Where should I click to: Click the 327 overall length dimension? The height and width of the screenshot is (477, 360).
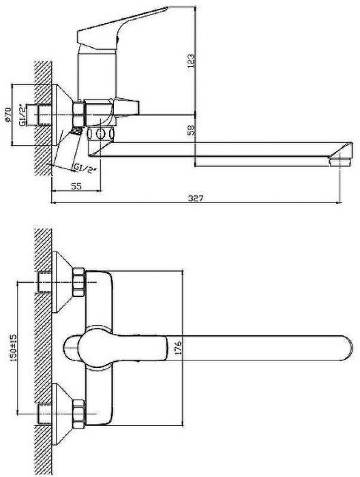tap(196, 198)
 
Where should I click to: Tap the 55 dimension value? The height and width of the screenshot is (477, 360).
tap(76, 186)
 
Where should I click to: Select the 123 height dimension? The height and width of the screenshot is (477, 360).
tap(190, 61)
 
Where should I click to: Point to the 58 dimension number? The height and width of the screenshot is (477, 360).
tap(191, 129)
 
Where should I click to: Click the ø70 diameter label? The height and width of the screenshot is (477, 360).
tap(8, 114)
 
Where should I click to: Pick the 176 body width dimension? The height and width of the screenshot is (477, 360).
tap(179, 348)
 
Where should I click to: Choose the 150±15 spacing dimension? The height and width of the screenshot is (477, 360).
tap(13, 348)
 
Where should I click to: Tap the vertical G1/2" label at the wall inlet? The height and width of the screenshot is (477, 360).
tap(22, 115)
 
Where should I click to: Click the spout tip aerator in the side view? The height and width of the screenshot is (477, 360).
tap(340, 161)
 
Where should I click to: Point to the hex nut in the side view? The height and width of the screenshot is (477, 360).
tap(78, 114)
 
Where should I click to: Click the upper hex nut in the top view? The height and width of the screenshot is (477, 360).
tap(78, 282)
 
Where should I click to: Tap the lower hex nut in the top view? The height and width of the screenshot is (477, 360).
tap(78, 414)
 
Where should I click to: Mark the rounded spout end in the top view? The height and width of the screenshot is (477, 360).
tap(348, 348)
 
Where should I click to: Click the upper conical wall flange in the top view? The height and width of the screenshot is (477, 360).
tap(62, 282)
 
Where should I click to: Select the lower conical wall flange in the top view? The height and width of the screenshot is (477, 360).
tap(62, 414)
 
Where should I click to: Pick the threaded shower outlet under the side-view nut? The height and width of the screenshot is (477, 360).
tap(76, 131)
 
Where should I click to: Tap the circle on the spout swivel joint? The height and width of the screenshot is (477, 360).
tap(101, 134)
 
